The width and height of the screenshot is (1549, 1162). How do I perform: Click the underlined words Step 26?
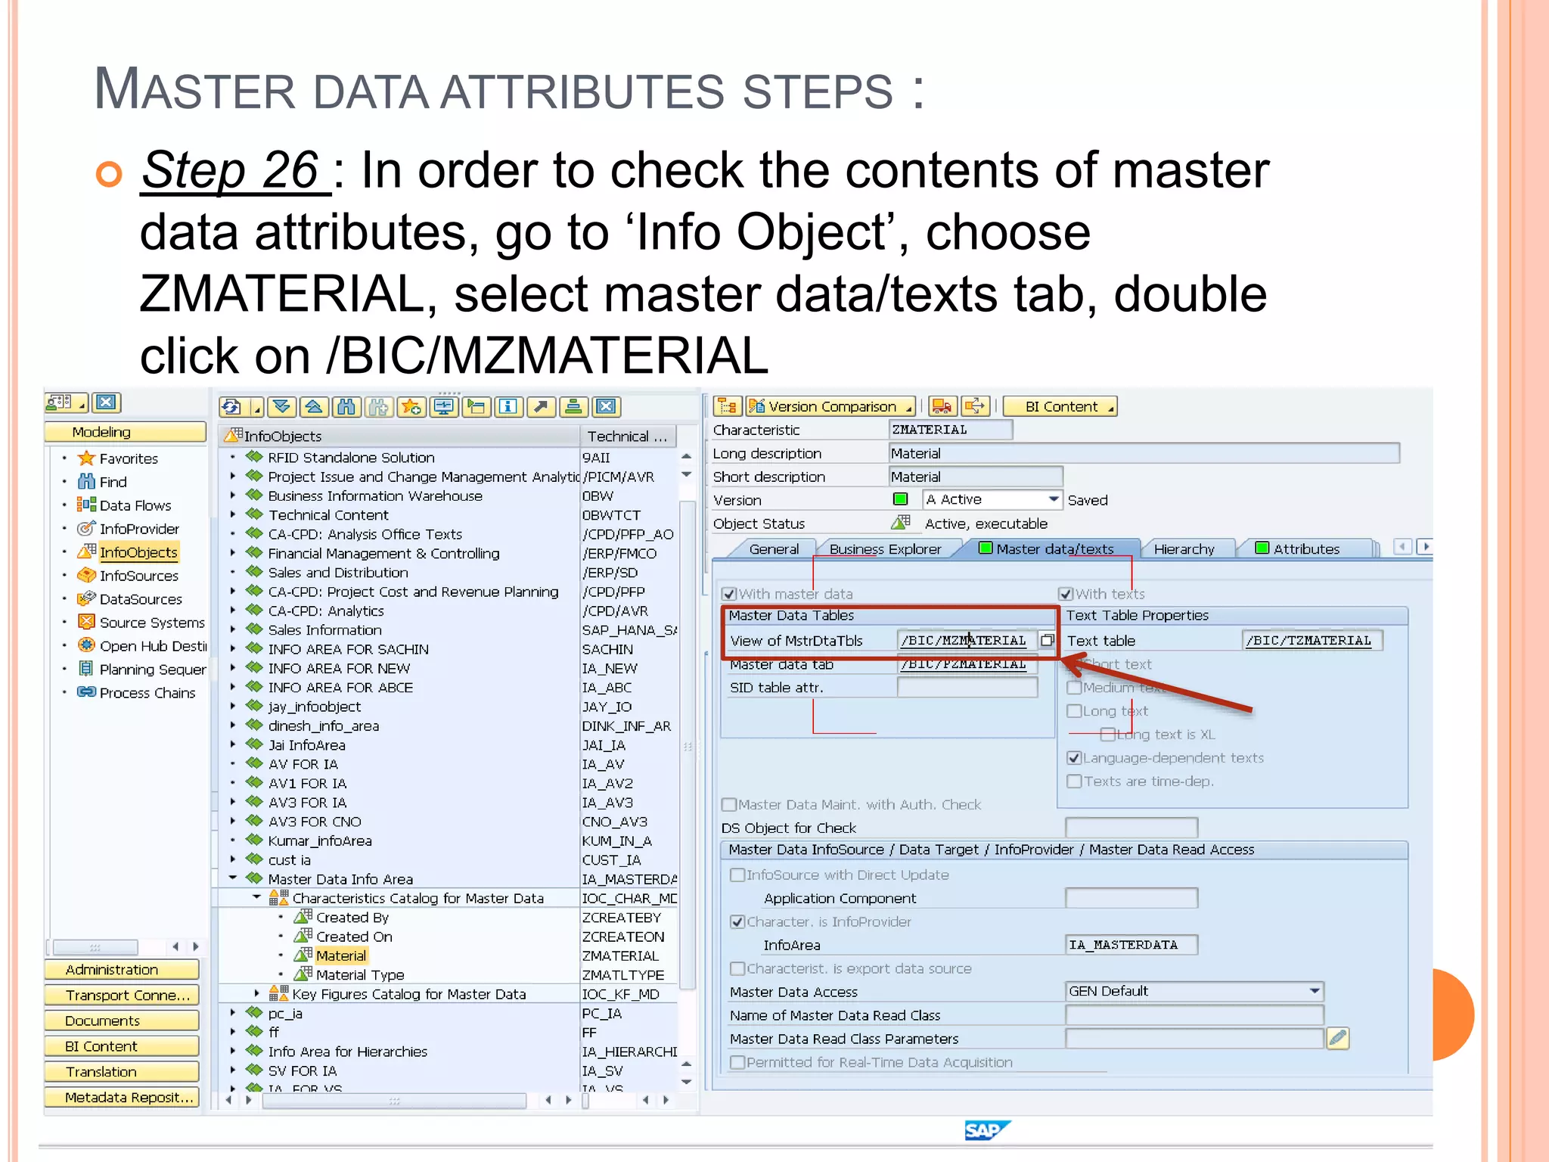[x=234, y=170]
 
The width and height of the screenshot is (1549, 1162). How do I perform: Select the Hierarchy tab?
[x=1184, y=549]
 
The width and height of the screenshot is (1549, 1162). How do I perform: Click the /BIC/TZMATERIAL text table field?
[x=1308, y=641]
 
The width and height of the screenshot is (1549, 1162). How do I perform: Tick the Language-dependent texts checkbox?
[x=1074, y=758]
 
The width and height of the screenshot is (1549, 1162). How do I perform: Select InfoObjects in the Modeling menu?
[x=138, y=552]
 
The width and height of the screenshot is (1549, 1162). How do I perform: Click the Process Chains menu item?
[x=147, y=693]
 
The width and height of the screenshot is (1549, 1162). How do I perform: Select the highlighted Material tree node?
[x=340, y=956]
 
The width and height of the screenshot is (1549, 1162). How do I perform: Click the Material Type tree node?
[x=359, y=975]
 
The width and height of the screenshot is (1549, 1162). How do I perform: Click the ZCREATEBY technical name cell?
[x=622, y=918]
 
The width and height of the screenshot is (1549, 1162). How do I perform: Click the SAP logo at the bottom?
[x=986, y=1130]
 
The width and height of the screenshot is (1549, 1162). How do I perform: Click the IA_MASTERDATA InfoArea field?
[x=1130, y=945]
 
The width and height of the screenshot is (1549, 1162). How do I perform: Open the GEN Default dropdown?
[x=1315, y=991]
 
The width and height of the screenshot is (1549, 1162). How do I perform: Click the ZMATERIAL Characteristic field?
[x=949, y=430]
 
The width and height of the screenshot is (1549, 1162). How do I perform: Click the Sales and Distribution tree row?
[x=337, y=573]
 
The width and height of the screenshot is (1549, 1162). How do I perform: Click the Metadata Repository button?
[x=121, y=1098]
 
